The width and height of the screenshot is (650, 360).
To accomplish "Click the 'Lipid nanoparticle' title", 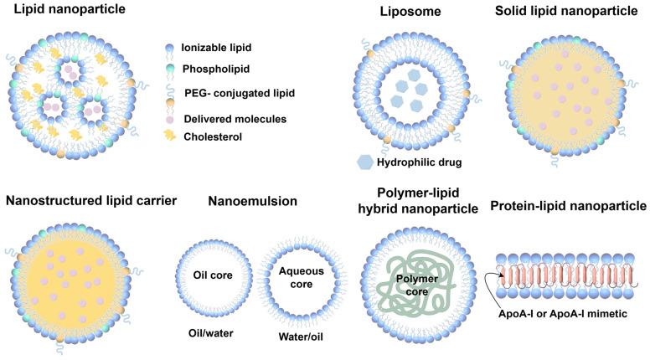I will [64, 11].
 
